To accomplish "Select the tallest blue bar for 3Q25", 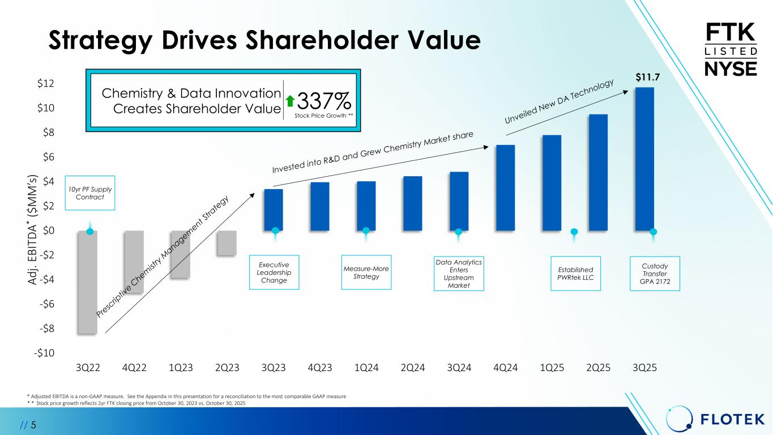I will point(644,159).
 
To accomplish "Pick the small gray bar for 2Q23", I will point(227,243).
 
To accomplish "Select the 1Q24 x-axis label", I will point(366,368).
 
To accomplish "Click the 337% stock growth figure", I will point(324,102).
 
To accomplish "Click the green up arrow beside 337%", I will point(290,101).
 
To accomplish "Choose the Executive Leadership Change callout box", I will point(274,273).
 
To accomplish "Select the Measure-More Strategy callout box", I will point(366,272).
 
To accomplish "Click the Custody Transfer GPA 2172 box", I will point(655,274).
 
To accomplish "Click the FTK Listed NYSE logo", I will point(730,49).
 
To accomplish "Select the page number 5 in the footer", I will point(33,424).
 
